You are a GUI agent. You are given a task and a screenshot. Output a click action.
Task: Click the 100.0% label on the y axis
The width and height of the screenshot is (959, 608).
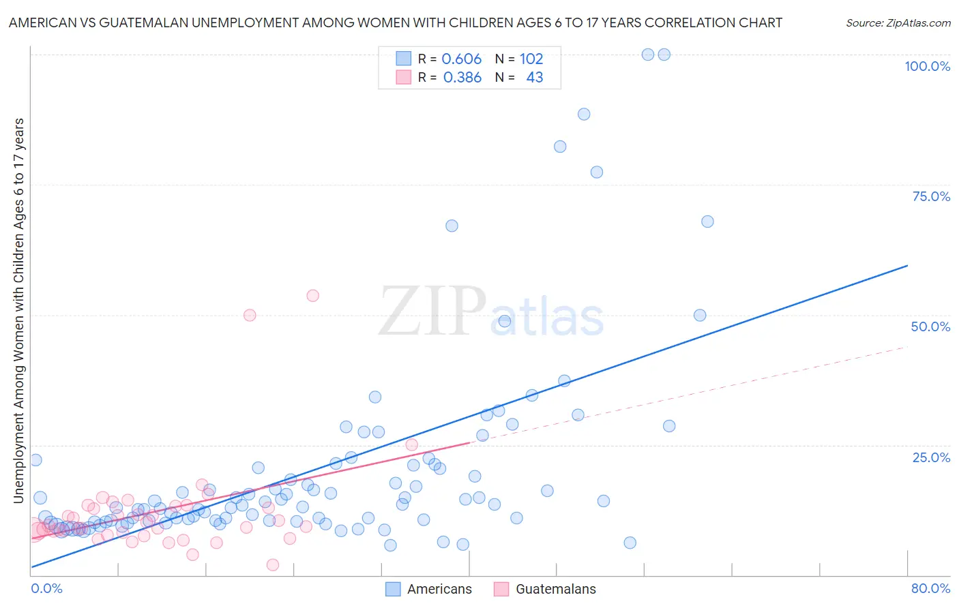pyautogui.click(x=927, y=66)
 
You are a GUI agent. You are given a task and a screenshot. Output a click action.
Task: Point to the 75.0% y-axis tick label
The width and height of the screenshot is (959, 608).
pyautogui.click(x=931, y=196)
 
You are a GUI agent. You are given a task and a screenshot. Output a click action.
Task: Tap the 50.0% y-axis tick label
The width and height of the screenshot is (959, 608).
pyautogui.click(x=930, y=326)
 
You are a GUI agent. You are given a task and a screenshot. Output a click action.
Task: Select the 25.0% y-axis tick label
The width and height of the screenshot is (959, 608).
pyautogui.click(x=931, y=457)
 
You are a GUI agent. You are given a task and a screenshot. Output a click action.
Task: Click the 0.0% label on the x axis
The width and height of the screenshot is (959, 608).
pyautogui.click(x=46, y=588)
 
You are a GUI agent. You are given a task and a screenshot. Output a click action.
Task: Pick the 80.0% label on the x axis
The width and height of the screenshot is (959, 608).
pyautogui.click(x=930, y=588)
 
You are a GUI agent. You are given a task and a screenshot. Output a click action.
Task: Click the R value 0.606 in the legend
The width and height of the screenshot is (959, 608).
pyautogui.click(x=462, y=59)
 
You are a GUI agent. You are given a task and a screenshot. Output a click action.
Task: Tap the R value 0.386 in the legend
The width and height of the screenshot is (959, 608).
pyautogui.click(x=462, y=78)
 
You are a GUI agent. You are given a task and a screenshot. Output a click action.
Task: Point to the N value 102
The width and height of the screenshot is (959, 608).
pyautogui.click(x=531, y=59)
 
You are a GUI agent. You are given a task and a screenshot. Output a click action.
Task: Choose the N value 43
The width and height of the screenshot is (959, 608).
pyautogui.click(x=535, y=78)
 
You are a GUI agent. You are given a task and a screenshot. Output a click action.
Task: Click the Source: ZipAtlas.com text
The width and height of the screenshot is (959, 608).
pyautogui.click(x=898, y=22)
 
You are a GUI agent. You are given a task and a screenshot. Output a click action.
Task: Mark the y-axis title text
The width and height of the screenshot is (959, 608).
pyautogui.click(x=18, y=311)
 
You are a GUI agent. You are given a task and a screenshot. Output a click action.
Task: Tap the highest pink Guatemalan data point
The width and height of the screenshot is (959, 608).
pyautogui.click(x=312, y=296)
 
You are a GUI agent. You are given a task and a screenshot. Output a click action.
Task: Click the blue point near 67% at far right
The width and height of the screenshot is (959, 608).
pyautogui.click(x=707, y=222)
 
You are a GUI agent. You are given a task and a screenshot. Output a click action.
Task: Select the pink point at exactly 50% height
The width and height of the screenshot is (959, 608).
pyautogui.click(x=250, y=315)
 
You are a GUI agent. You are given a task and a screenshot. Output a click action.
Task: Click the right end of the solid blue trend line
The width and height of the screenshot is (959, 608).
pyautogui.click(x=907, y=265)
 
